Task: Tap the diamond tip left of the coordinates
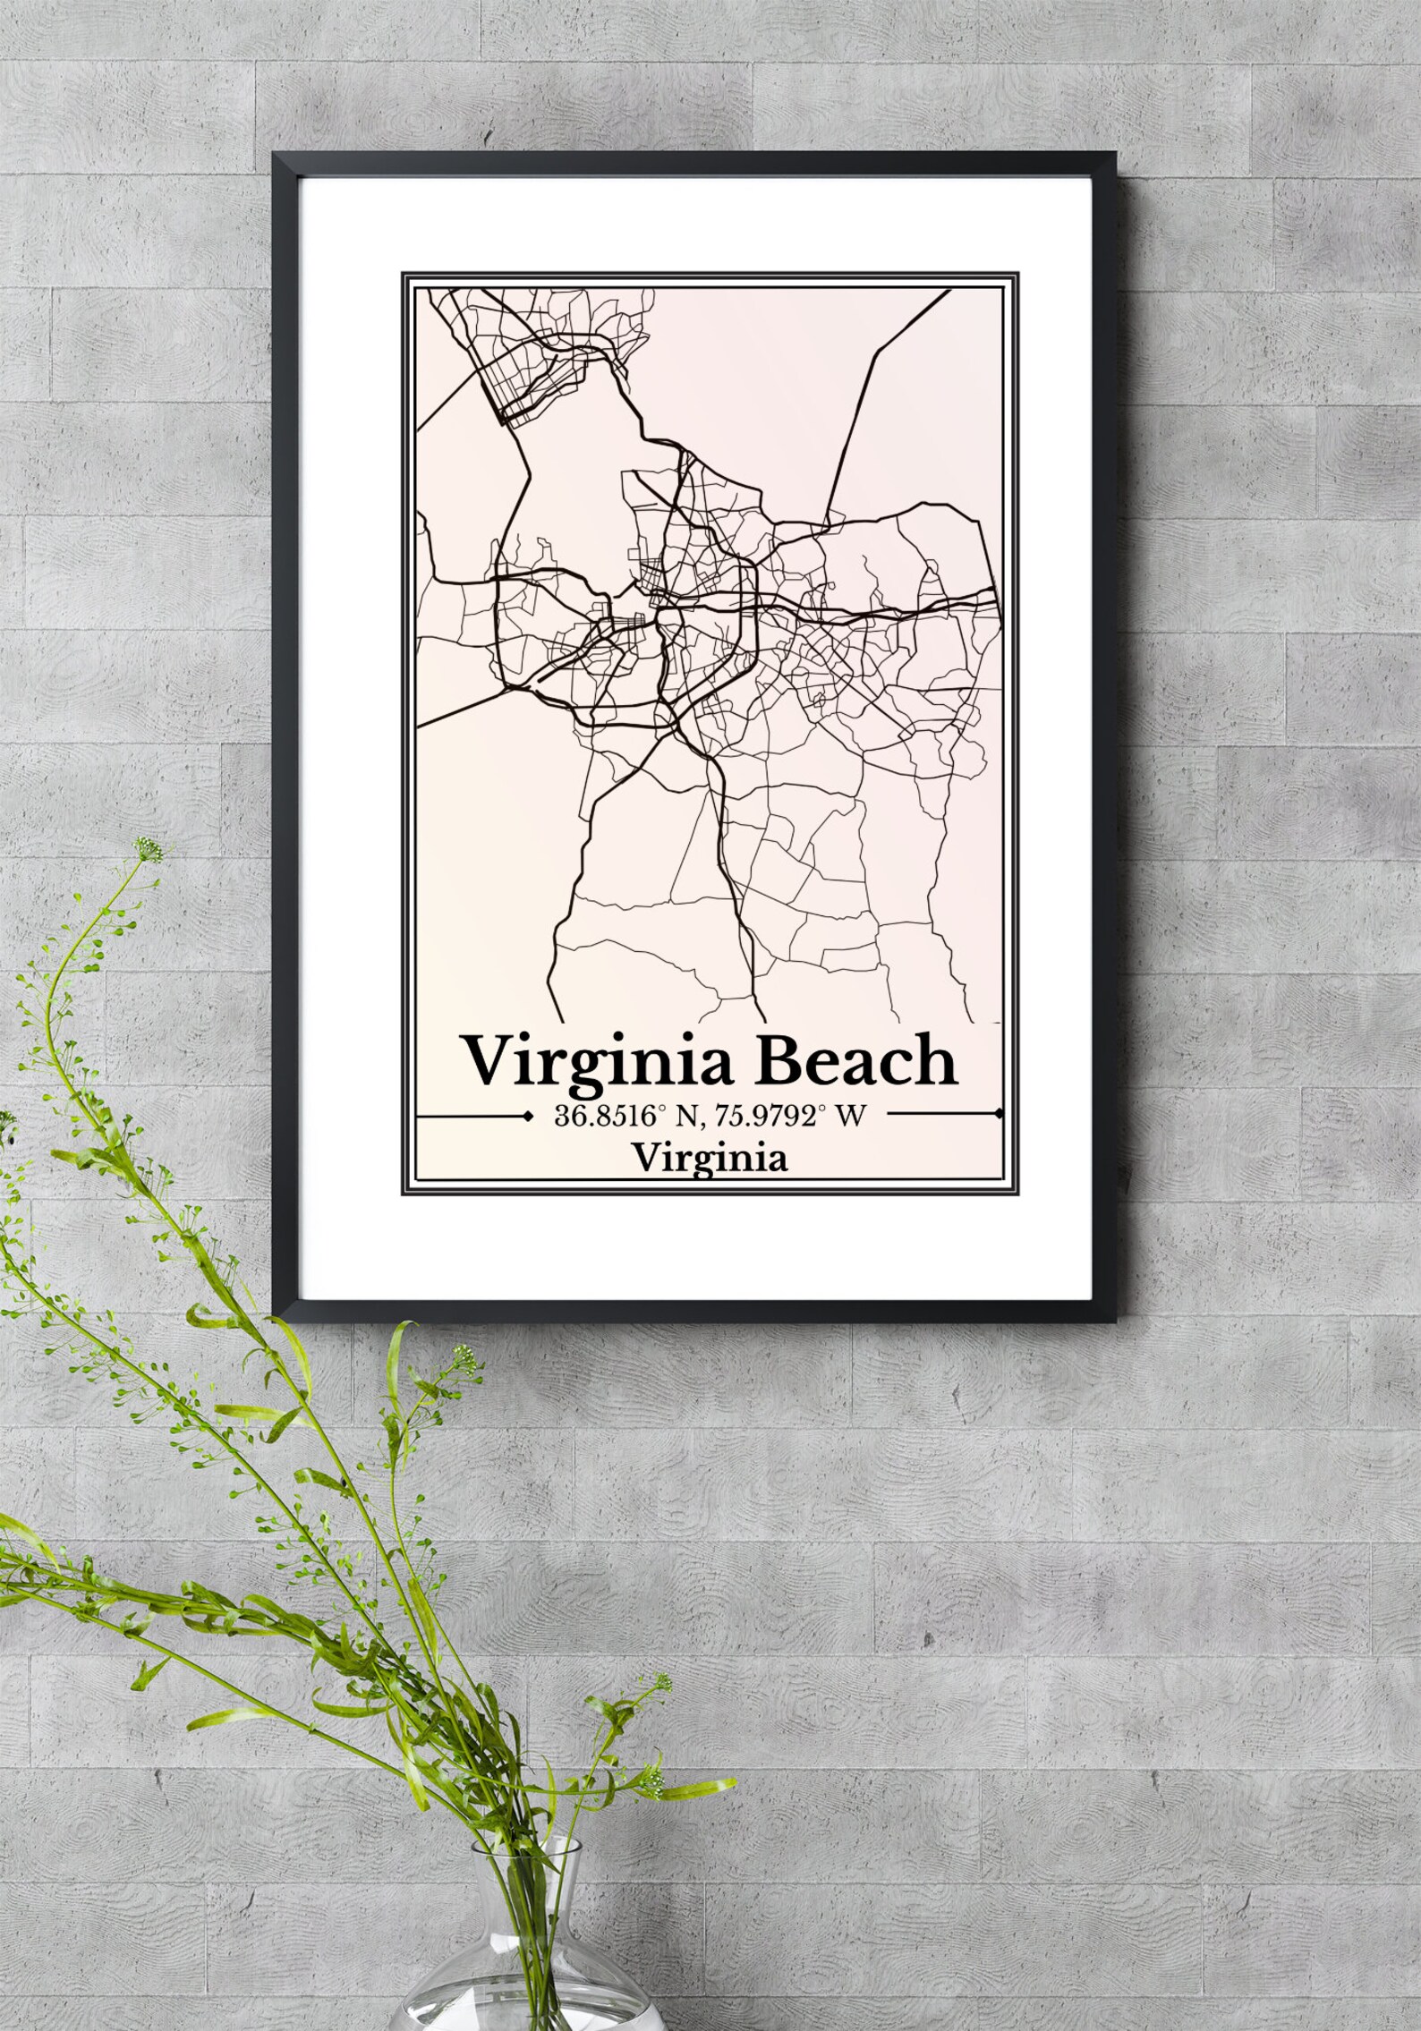(x=523, y=1115)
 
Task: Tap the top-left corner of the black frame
(x=275, y=155)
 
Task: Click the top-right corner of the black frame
(x=1115, y=155)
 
